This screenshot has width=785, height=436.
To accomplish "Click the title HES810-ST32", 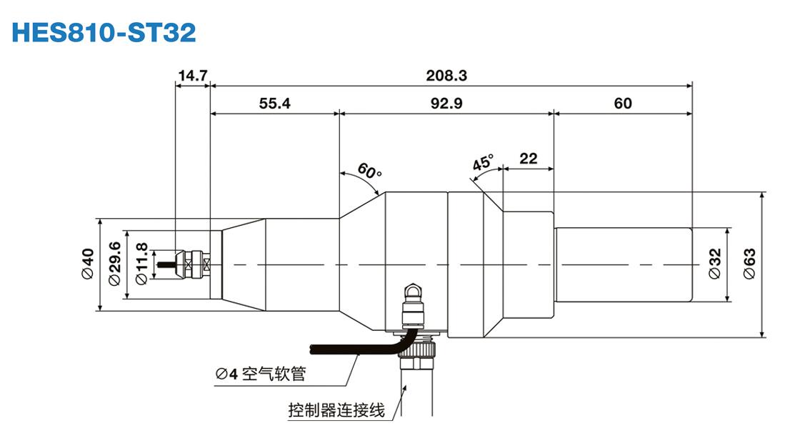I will point(104,32).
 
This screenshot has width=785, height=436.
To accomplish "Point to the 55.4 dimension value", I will point(274,104).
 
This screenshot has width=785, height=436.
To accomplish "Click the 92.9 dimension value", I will point(446,104).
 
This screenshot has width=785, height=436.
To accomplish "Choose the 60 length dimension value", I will point(622,104).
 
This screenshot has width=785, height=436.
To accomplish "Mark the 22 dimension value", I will point(528,159).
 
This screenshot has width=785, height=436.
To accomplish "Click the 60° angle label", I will point(369,172).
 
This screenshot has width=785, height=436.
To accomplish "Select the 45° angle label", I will point(483,163).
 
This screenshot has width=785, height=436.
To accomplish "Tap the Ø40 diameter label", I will point(87,264).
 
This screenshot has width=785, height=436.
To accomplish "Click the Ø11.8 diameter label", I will point(141,264).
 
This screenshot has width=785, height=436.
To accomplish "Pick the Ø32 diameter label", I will point(715,264).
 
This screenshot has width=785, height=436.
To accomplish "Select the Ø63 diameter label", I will point(749,264).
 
